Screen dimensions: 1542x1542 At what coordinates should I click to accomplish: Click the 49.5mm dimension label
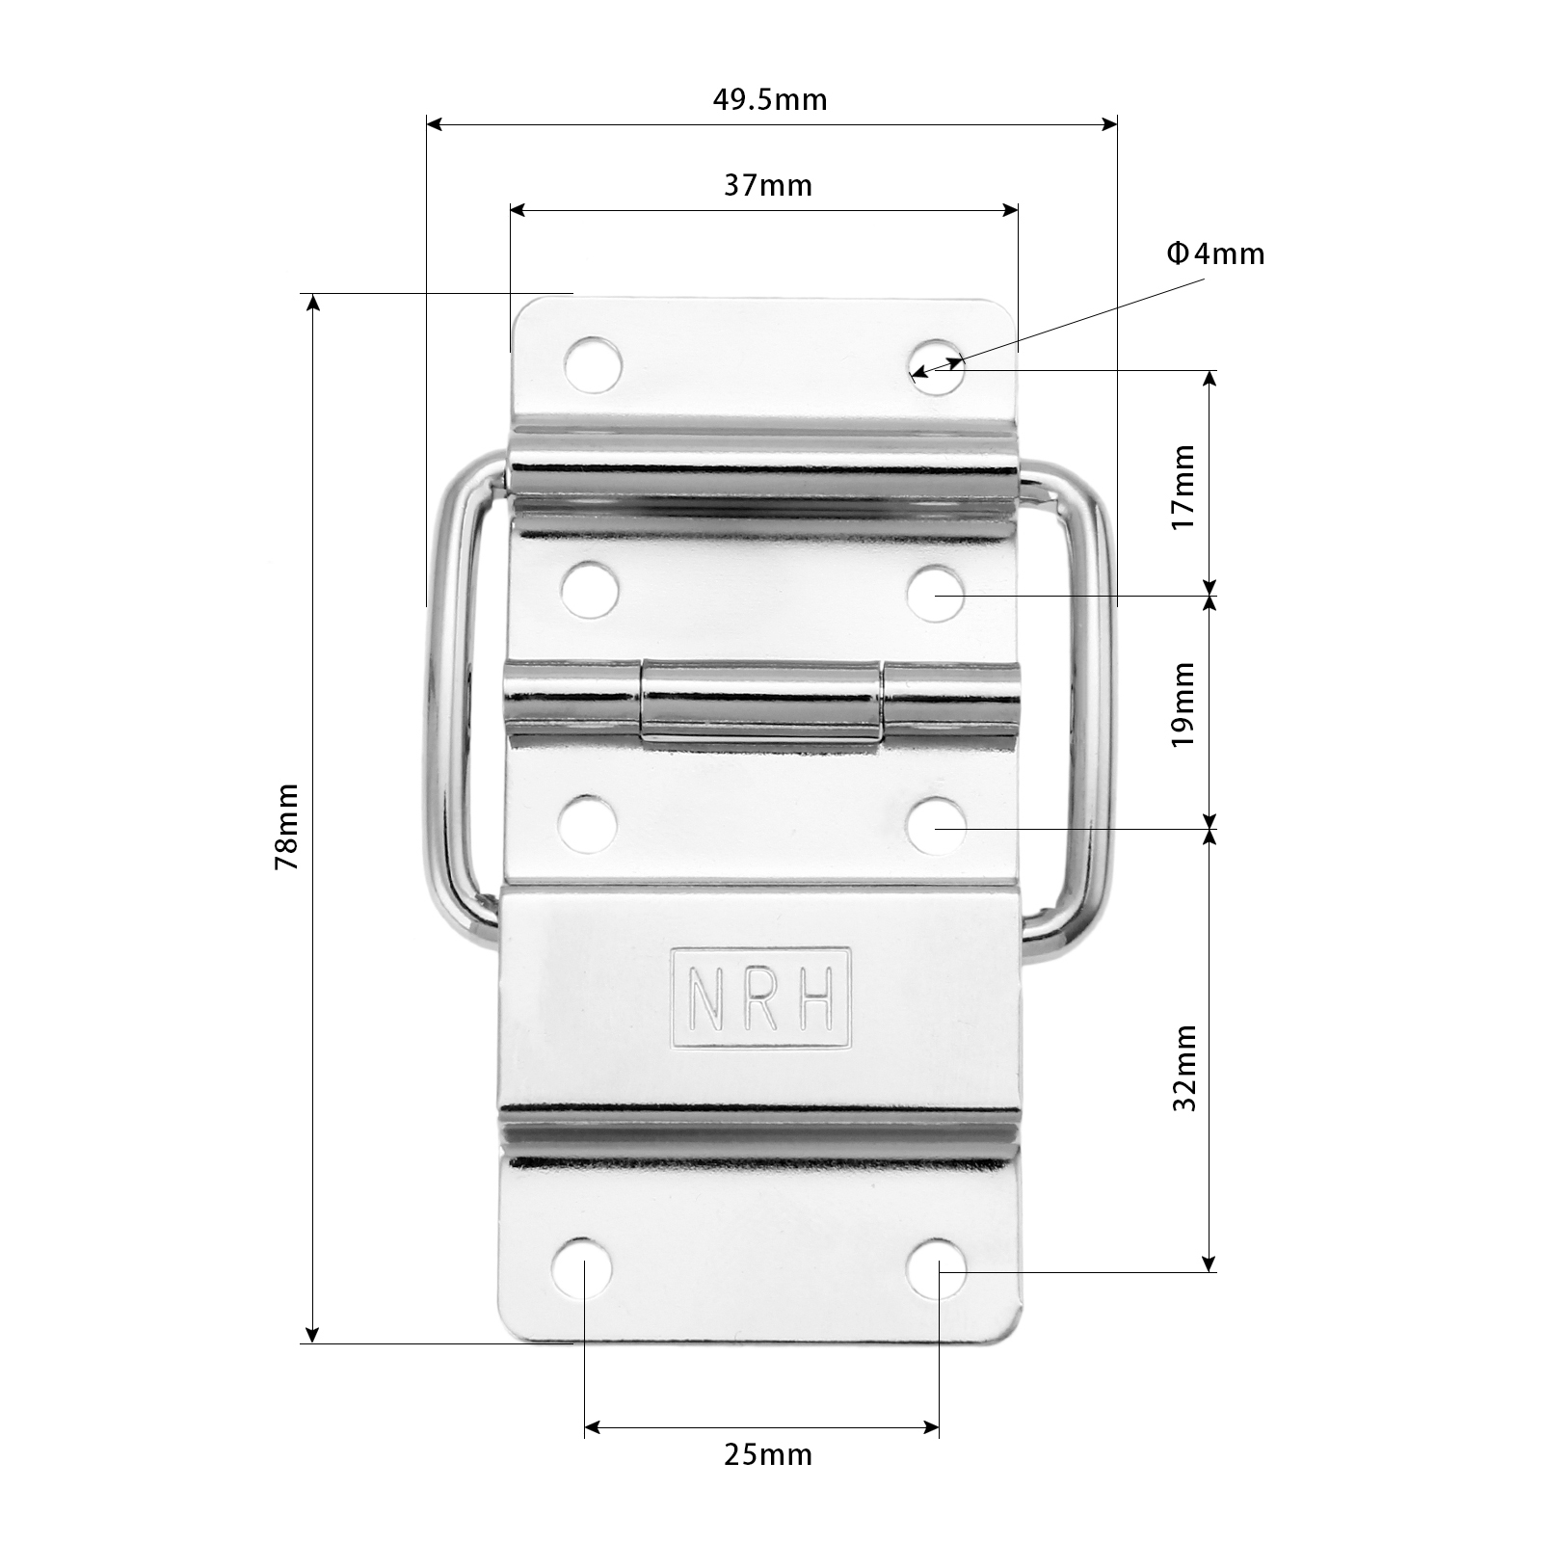[770, 99]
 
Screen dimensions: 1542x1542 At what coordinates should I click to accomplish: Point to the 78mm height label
[287, 827]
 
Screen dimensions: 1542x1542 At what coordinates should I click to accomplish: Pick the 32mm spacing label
[1183, 1068]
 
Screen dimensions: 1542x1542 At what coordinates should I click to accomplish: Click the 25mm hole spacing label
[767, 1480]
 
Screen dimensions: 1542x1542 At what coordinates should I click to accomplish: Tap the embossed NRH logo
[761, 997]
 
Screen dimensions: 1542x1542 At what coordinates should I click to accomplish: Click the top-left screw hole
[592, 364]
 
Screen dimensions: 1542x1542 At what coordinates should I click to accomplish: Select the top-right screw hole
[937, 365]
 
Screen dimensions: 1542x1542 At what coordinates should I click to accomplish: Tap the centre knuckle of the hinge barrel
[761, 702]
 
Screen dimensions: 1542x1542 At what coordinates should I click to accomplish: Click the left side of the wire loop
[439, 704]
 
